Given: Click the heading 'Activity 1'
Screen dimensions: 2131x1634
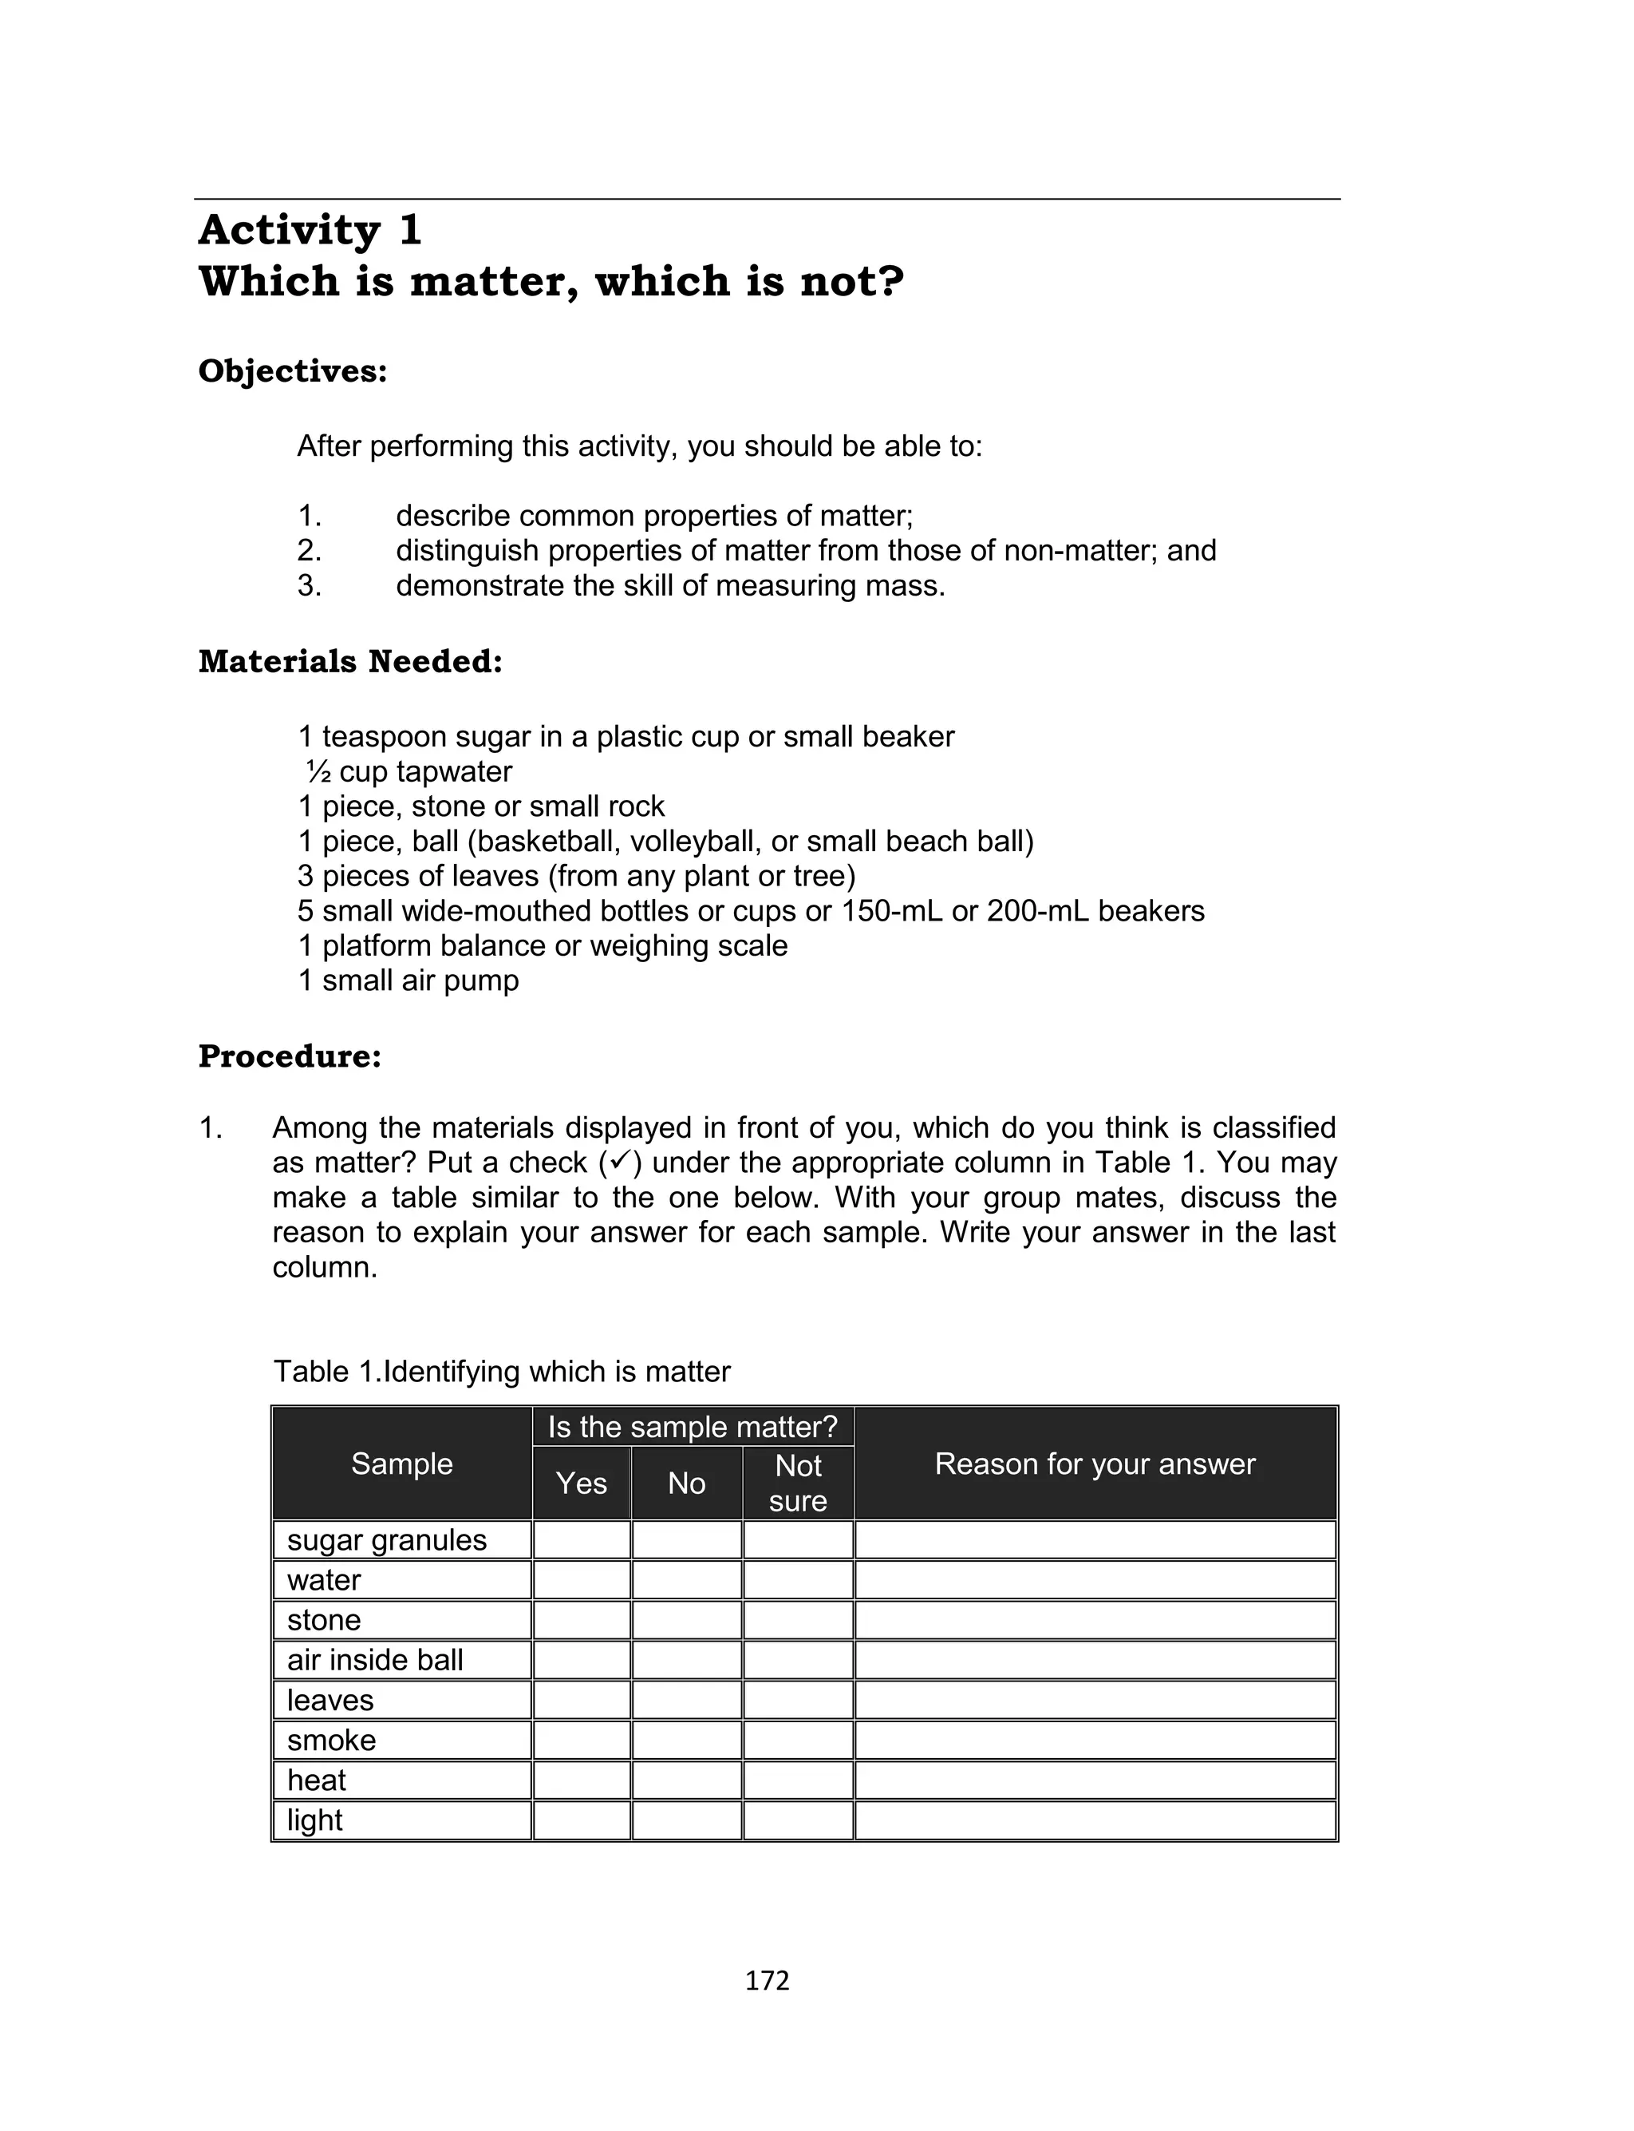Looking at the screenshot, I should (x=310, y=231).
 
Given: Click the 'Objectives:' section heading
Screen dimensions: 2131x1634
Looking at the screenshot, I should (x=293, y=372).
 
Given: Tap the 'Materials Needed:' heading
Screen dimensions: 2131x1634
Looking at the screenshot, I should (x=350, y=662).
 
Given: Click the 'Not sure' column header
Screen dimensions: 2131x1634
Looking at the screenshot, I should (x=798, y=1483).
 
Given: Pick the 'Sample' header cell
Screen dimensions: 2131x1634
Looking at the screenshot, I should (x=401, y=1464).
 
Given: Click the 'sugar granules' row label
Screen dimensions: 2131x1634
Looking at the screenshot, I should (x=386, y=1540).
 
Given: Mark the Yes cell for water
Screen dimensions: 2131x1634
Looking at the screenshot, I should (x=581, y=1580).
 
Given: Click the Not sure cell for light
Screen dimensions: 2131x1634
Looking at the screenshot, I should (x=798, y=1820).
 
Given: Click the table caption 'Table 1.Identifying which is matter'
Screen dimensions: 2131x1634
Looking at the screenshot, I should (x=501, y=1372).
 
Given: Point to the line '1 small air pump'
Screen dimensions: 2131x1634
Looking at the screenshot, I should (x=408, y=980).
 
